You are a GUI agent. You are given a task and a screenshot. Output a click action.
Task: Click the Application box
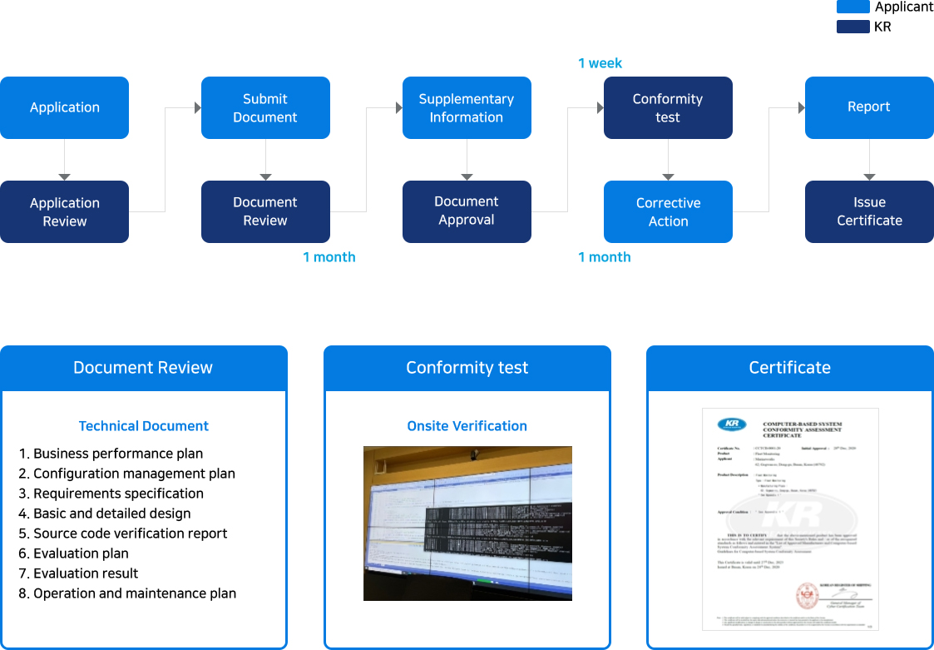(x=64, y=107)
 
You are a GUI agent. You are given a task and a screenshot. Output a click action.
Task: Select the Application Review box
(x=64, y=211)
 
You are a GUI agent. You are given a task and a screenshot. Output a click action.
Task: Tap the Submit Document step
(x=265, y=107)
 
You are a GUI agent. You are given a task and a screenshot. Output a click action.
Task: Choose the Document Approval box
(x=467, y=211)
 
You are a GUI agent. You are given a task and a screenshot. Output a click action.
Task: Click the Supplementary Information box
(x=467, y=107)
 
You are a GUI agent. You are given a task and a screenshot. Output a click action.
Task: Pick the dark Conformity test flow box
(x=668, y=107)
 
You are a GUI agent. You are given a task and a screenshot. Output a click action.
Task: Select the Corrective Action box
(x=668, y=211)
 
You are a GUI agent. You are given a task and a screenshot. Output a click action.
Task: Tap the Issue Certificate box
(x=869, y=211)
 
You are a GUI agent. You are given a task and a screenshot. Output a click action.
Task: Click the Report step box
(x=869, y=107)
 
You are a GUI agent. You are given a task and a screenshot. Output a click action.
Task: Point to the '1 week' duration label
(x=600, y=63)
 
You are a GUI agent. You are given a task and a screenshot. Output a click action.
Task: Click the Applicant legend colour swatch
(x=852, y=7)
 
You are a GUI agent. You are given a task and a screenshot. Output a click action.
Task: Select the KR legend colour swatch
(x=852, y=27)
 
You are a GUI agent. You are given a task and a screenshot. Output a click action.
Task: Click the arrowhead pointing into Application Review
(x=64, y=176)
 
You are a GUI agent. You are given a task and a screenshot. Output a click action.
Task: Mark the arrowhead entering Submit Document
(x=197, y=107)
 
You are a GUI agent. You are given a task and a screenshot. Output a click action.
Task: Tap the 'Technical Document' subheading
(x=143, y=426)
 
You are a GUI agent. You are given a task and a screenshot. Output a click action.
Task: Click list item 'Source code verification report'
(x=130, y=533)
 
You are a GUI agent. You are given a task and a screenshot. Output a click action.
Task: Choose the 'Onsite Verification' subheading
(x=467, y=426)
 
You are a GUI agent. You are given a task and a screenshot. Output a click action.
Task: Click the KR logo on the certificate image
(x=732, y=424)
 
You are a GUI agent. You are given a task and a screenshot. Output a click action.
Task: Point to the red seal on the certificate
(x=807, y=594)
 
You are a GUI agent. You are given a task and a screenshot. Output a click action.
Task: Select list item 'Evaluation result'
(x=86, y=573)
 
